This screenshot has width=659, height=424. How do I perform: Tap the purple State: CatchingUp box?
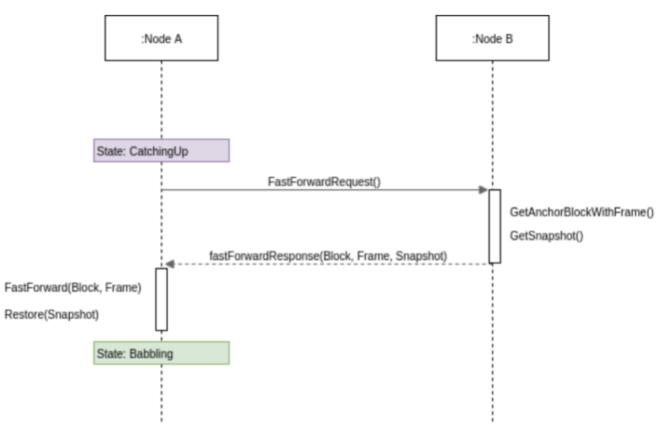click(x=161, y=150)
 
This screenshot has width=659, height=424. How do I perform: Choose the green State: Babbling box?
click(x=161, y=353)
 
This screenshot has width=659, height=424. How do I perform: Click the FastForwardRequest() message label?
click(x=324, y=181)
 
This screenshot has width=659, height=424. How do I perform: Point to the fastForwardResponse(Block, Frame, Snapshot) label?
click(x=328, y=256)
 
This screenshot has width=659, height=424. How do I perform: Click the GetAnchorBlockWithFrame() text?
click(x=582, y=212)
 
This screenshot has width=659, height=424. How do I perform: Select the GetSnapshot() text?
click(x=547, y=235)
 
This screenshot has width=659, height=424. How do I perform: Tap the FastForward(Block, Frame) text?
click(x=73, y=287)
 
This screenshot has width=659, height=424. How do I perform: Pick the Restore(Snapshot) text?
click(x=51, y=314)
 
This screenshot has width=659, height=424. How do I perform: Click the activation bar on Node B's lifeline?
click(x=494, y=225)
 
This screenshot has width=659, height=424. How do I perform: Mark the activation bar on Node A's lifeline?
click(x=162, y=299)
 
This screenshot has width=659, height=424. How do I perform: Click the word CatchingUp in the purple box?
click(x=159, y=150)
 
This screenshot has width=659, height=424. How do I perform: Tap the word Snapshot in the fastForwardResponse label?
click(x=421, y=256)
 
